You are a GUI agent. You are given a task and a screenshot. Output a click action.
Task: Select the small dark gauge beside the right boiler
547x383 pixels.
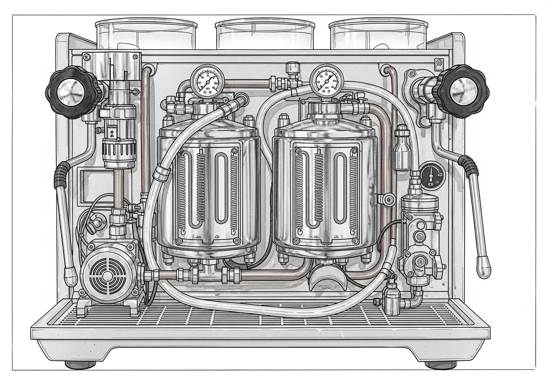(432, 176)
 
